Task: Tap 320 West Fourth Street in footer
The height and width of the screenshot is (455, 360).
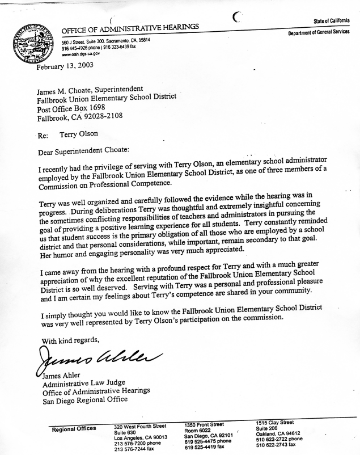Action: [140, 426]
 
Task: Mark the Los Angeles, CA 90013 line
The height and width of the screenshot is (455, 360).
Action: [140, 438]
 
